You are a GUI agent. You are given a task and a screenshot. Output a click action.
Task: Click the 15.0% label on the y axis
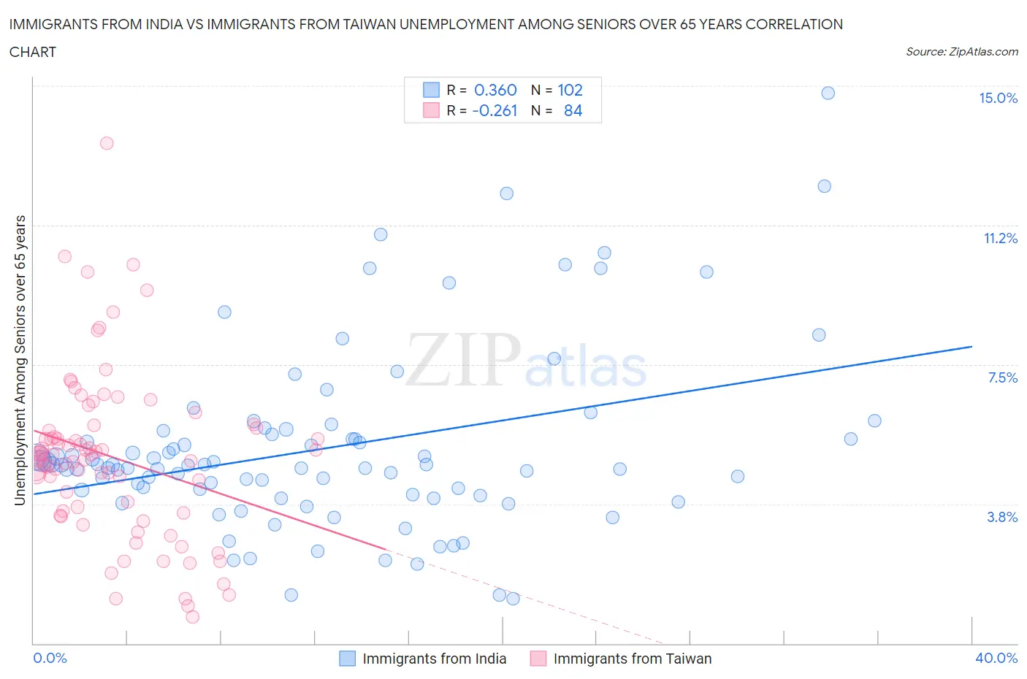coord(998,99)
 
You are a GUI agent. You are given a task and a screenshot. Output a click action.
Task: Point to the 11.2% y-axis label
coord(1000,238)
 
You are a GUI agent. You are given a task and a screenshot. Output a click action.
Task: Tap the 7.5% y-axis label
coord(1002,377)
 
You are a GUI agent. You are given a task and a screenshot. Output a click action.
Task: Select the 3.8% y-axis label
coord(1002,517)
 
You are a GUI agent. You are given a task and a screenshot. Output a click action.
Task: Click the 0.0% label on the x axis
coord(50,658)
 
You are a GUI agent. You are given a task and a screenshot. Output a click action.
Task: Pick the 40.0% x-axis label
coord(996,658)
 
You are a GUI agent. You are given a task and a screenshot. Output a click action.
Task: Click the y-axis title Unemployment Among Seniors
coord(20,360)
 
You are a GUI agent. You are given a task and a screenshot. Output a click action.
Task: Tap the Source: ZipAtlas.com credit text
coord(961,52)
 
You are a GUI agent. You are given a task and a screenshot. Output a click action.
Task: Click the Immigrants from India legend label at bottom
coord(434,659)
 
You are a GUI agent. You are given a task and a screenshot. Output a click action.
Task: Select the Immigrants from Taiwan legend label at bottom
coord(632,659)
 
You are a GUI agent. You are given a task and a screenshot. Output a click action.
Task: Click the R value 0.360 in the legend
coord(495,90)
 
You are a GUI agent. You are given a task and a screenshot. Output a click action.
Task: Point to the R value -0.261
coord(495,110)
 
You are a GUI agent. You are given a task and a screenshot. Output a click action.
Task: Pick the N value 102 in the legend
coord(570,90)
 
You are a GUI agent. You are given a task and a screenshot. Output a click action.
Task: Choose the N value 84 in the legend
coord(573,110)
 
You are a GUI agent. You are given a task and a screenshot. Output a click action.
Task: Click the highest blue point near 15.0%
coord(828,93)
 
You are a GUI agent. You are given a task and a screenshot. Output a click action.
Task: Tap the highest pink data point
coord(107,143)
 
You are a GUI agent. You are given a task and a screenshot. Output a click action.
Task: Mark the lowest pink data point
coord(192,617)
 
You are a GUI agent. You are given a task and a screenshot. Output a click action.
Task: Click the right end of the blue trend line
coord(971,346)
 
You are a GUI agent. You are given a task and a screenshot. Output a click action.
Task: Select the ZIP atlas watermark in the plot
coord(526,361)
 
